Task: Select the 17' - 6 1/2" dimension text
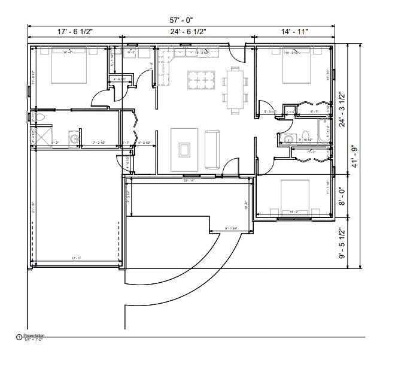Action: point(75,31)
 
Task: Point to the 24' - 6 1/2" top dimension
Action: point(188,31)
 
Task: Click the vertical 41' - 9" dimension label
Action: point(354,156)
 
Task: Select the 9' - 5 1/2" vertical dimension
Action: point(342,243)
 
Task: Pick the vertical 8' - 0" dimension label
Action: point(342,196)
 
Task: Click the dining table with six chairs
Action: point(235,90)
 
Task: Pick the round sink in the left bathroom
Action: point(74,139)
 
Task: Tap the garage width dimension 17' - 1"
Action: point(76,259)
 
